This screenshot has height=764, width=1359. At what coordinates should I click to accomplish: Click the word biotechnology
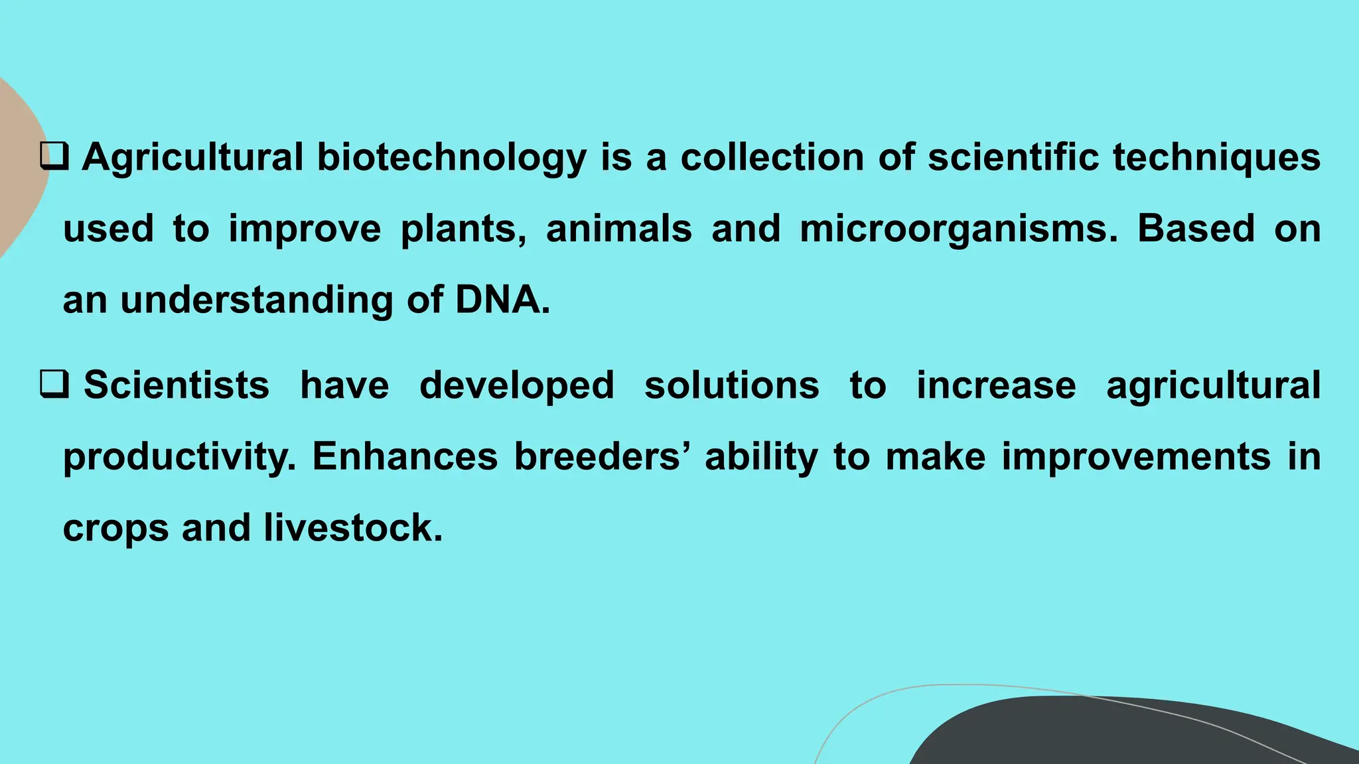(x=451, y=158)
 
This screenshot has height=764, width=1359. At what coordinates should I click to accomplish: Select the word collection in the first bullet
(x=772, y=157)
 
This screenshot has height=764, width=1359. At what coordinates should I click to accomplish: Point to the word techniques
(x=1216, y=158)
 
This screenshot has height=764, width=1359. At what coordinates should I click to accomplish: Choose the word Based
(x=1196, y=228)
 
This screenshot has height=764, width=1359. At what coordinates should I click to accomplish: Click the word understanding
(x=256, y=300)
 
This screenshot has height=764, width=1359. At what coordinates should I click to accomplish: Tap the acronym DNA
(x=502, y=299)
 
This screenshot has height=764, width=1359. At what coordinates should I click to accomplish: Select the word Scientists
(x=177, y=385)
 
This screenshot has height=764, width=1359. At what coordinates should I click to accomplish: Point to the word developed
(x=517, y=386)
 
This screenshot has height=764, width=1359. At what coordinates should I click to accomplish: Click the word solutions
(x=732, y=385)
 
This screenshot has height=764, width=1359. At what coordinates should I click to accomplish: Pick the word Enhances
(x=405, y=456)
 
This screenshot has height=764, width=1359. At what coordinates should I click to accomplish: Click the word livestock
(x=352, y=528)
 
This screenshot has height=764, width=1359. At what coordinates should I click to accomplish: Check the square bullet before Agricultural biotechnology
(x=54, y=157)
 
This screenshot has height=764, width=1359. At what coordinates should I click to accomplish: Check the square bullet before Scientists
(x=54, y=385)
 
